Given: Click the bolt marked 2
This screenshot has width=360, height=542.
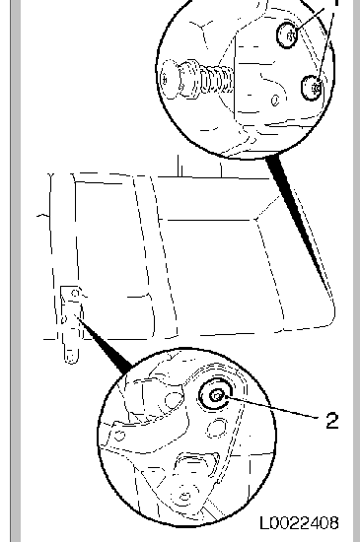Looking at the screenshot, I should pos(215,396).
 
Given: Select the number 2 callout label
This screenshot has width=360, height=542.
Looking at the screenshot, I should pos(331,420).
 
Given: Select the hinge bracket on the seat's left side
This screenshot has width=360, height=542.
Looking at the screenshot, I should pos(68,320).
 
